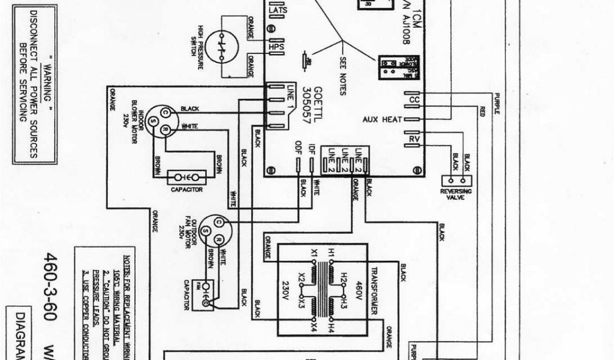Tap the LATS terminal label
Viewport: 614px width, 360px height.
[x=278, y=10]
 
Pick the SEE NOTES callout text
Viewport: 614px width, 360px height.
[x=342, y=77]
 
